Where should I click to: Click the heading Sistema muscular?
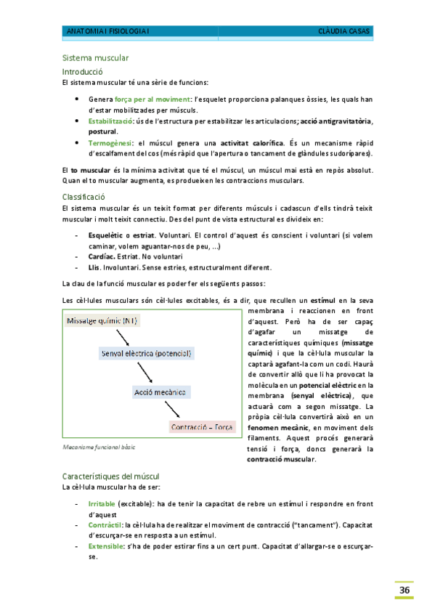coord(96,58)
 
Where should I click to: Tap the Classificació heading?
coord(84,197)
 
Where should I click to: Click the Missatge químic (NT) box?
coord(102,320)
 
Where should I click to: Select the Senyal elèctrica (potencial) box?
coord(146,353)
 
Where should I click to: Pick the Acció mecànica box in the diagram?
coord(160,392)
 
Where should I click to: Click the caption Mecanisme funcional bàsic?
coord(99,447)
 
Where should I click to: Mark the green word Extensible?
coord(105,545)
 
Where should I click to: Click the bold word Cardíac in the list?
coord(102,256)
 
